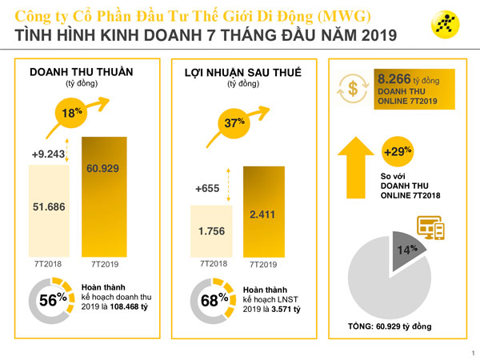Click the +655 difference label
[x=207, y=189]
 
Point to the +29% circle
[x=398, y=152]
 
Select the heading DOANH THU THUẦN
[x=81, y=72]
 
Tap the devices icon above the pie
[x=431, y=229]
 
